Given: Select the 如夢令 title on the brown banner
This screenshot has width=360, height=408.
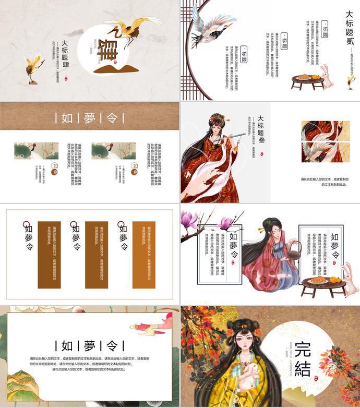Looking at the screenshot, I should [x=90, y=117].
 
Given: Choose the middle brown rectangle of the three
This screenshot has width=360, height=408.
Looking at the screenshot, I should [x=97, y=255].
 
